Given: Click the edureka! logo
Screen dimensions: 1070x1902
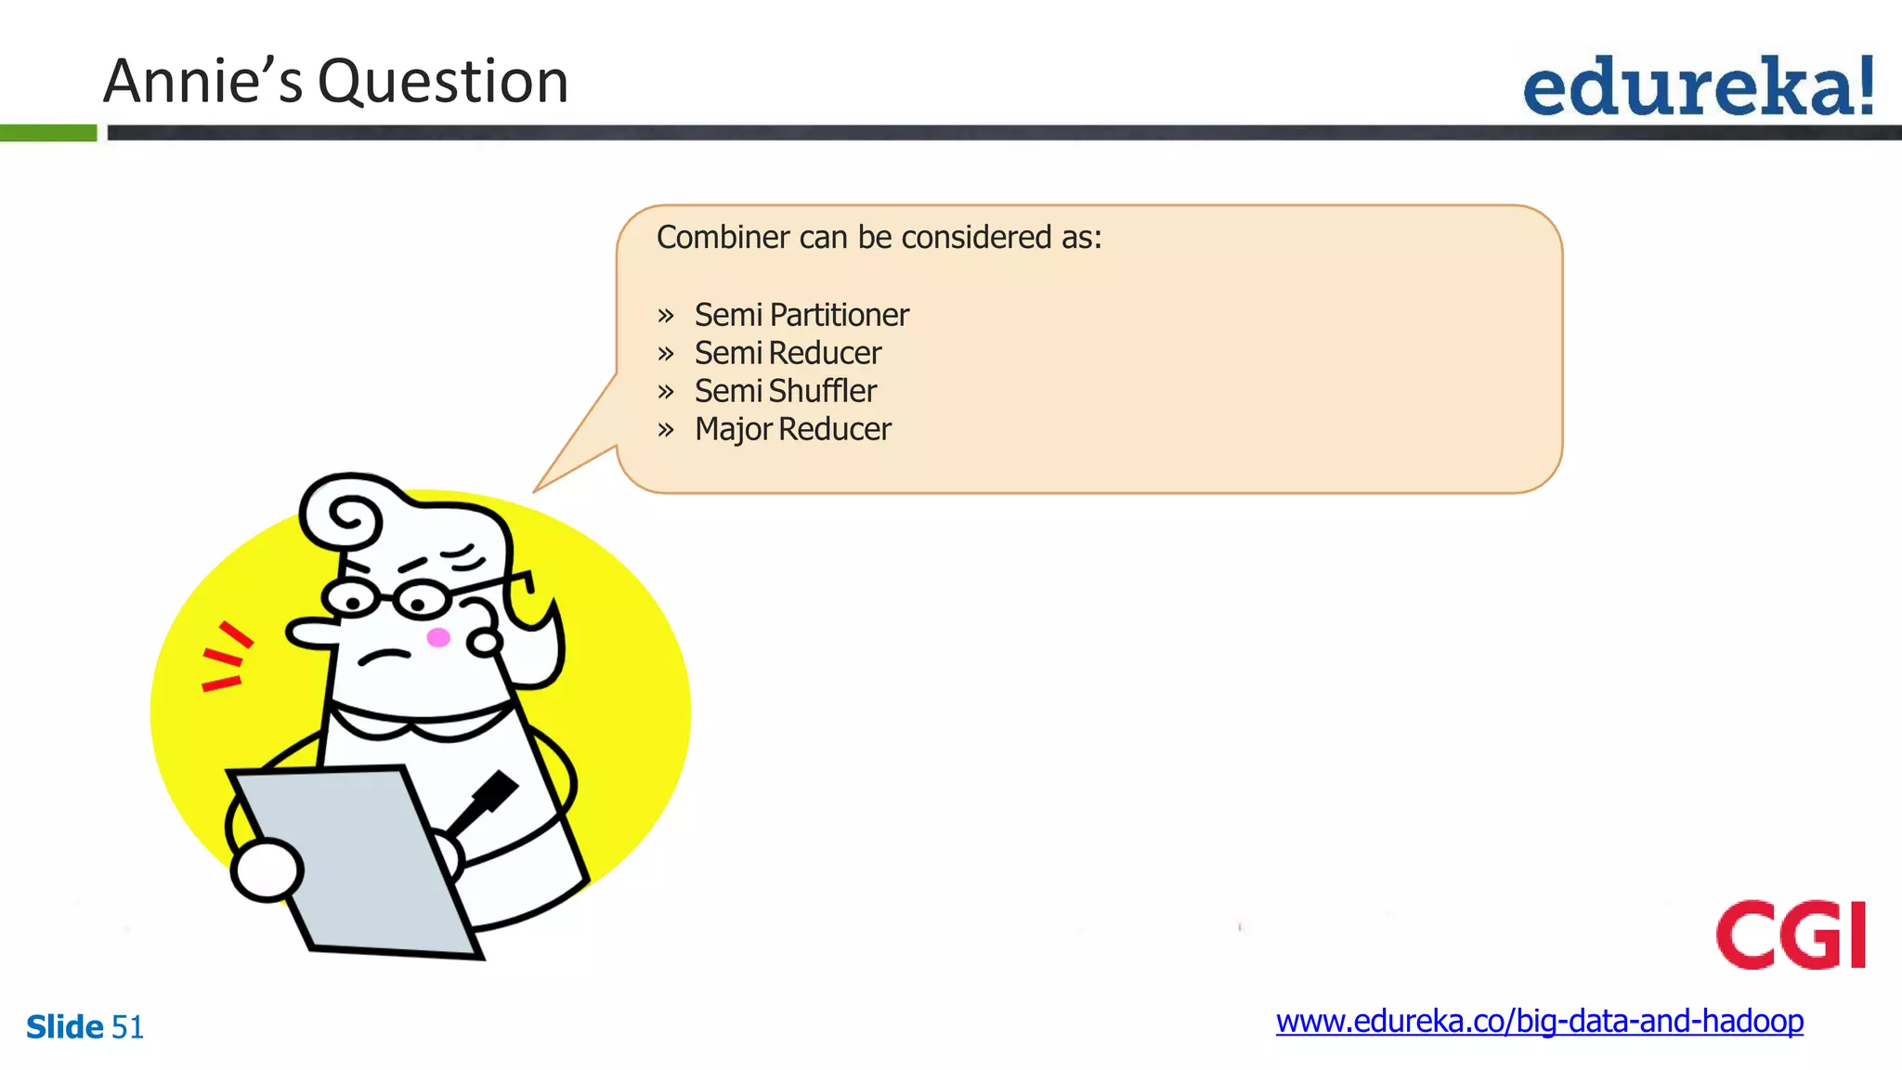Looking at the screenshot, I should tap(1698, 86).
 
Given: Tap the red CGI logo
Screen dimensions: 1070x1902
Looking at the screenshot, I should tap(1791, 934).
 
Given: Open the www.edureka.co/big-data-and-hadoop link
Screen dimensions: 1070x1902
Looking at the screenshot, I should tap(1539, 1021).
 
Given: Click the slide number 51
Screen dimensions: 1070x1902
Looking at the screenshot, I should tap(127, 1027).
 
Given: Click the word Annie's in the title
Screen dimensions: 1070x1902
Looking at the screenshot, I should tap(202, 81).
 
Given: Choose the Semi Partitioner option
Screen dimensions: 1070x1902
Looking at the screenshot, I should tap(801, 315).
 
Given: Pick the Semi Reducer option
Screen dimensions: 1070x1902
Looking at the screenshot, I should tap(788, 353).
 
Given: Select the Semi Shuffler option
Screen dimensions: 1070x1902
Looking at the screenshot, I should tap(785, 391).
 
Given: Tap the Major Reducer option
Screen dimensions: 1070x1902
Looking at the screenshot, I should tap(792, 429).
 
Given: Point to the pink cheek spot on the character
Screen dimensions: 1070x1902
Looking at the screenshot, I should tap(438, 637).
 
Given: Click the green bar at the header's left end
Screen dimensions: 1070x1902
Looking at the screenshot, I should tap(48, 133).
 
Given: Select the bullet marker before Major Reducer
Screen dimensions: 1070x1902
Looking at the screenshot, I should tap(665, 430).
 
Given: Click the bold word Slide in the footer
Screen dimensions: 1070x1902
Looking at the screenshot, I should tap(64, 1027).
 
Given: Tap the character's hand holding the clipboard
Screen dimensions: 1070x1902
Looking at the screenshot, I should tap(267, 870).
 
